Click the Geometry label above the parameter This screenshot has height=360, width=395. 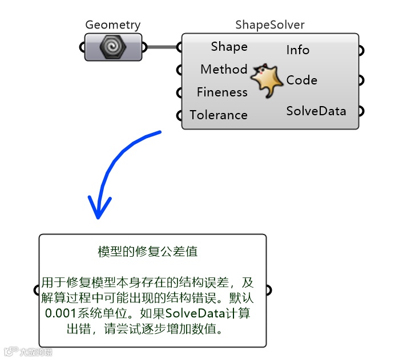112,25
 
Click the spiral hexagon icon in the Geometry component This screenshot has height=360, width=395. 112,47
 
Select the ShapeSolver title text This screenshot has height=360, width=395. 270,25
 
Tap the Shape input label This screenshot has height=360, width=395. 229,47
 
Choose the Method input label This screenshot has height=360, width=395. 224,70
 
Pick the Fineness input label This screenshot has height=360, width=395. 222,92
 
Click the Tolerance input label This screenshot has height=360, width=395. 219,115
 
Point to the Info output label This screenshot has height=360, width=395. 298,50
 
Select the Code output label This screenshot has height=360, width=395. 302,80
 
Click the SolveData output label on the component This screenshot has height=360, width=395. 316,111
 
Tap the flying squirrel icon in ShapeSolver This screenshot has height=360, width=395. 267,80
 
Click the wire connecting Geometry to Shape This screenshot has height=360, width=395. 163,47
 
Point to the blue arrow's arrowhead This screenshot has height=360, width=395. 98,212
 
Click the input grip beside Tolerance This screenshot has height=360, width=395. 179,115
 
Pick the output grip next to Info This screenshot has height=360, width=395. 361,50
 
